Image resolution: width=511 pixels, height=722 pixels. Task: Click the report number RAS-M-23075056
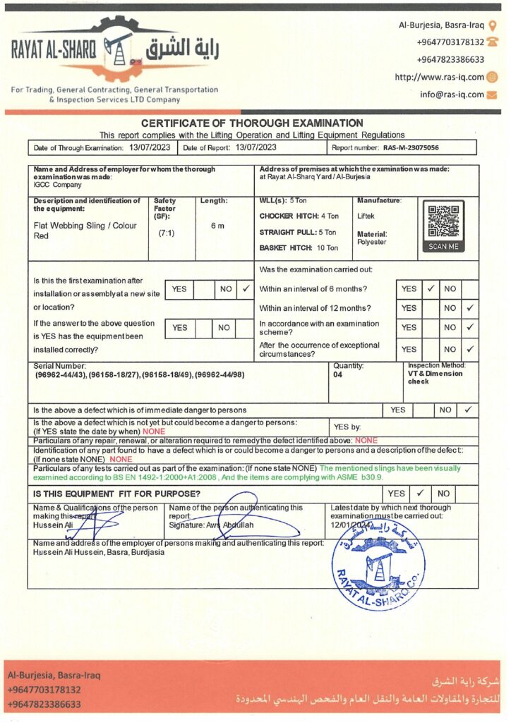tap(411, 148)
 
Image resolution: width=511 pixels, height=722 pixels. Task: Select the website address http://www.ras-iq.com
tap(439, 78)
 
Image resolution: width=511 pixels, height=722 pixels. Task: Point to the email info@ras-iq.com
tap(452, 94)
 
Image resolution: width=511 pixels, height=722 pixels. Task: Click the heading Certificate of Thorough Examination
tap(252, 123)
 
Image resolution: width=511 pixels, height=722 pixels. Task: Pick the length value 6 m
tap(217, 226)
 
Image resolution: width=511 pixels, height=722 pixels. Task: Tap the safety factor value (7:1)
tap(167, 231)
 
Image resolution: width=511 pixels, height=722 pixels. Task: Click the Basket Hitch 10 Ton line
tap(299, 248)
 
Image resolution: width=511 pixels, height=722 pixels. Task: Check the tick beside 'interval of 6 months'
tap(430, 288)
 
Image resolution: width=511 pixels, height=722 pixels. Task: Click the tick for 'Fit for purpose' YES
tap(419, 494)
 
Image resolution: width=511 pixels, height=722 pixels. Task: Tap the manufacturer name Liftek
tap(367, 216)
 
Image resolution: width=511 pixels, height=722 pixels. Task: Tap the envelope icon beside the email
tap(492, 94)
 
